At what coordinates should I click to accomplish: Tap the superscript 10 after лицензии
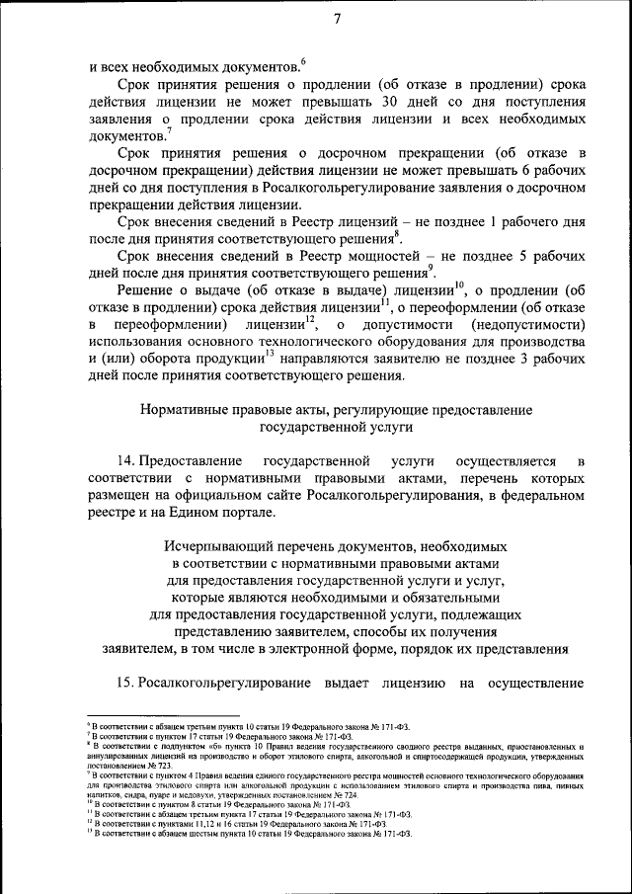pos(460,284)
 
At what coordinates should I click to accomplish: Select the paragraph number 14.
pos(124,461)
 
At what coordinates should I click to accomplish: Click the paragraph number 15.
pos(124,682)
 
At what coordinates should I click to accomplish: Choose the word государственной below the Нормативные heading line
pos(308,427)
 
